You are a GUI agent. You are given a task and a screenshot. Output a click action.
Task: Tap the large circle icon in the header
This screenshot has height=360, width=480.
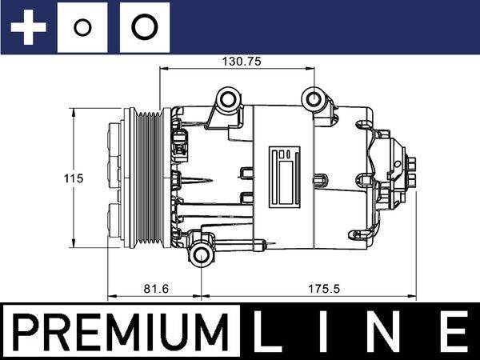pyautogui.click(x=144, y=28)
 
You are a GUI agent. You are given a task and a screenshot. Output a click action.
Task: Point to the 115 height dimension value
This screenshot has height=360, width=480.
pyautogui.click(x=74, y=178)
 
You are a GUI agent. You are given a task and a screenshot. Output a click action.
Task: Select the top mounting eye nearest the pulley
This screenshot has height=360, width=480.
pyautogui.click(x=229, y=99)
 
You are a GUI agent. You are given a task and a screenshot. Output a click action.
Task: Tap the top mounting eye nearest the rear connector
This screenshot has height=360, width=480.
pyautogui.click(x=313, y=99)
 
